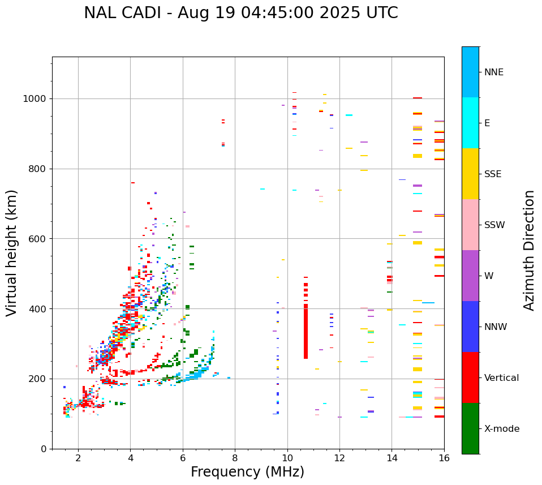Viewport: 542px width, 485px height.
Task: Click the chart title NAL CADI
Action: click(240, 13)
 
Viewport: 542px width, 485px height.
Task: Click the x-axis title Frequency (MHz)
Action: click(247, 472)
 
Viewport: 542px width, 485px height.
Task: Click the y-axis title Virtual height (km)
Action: click(12, 253)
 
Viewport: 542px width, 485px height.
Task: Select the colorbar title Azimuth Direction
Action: click(529, 250)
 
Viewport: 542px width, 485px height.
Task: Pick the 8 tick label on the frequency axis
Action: click(235, 458)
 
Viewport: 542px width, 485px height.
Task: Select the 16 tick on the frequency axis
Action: click(444, 458)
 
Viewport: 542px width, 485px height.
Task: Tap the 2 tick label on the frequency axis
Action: click(78, 458)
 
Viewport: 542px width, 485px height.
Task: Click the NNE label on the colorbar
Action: click(493, 72)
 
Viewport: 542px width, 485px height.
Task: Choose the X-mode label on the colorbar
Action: click(501, 429)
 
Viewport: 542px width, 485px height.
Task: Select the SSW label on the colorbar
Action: click(494, 225)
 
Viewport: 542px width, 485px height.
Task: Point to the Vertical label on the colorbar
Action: click(501, 378)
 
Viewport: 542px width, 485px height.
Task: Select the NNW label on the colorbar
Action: click(496, 327)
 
